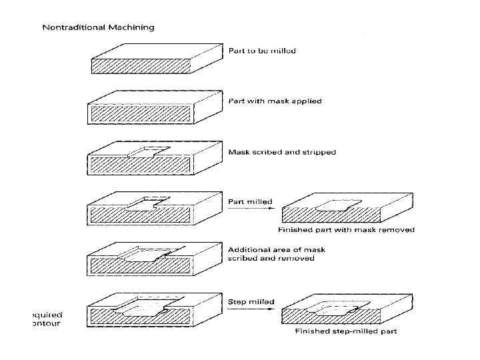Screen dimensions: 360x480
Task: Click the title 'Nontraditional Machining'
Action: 98,27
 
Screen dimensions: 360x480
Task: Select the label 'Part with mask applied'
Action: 275,101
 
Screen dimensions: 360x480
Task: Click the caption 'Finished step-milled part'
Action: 346,331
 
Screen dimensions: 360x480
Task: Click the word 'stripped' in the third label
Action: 319,152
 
